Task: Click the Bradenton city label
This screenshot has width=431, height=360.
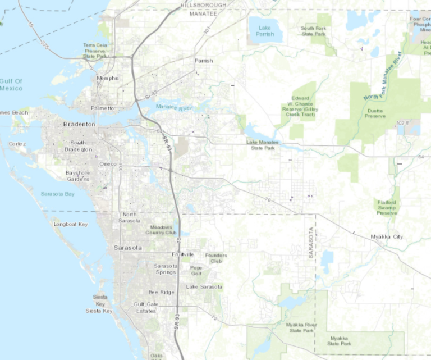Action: [x=79, y=124]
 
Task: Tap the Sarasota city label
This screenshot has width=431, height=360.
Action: [x=127, y=247]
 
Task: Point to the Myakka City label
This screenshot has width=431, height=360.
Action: [x=387, y=237]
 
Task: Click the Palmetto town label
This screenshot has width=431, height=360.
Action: [x=103, y=108]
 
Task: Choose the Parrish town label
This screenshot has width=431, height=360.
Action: [x=204, y=60]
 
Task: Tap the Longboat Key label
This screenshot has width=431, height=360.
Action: [x=71, y=224]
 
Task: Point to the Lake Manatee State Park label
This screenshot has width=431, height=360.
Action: [x=264, y=145]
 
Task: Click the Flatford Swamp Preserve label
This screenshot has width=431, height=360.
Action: [x=387, y=207]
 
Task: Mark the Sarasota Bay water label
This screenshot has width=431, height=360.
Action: [x=57, y=194]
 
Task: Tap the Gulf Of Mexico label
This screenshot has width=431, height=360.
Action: [x=11, y=85]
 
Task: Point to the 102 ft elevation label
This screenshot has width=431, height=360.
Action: [x=400, y=122]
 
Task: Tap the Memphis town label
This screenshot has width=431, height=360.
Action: [x=108, y=78]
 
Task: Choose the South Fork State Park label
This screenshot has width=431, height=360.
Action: [x=313, y=30]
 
